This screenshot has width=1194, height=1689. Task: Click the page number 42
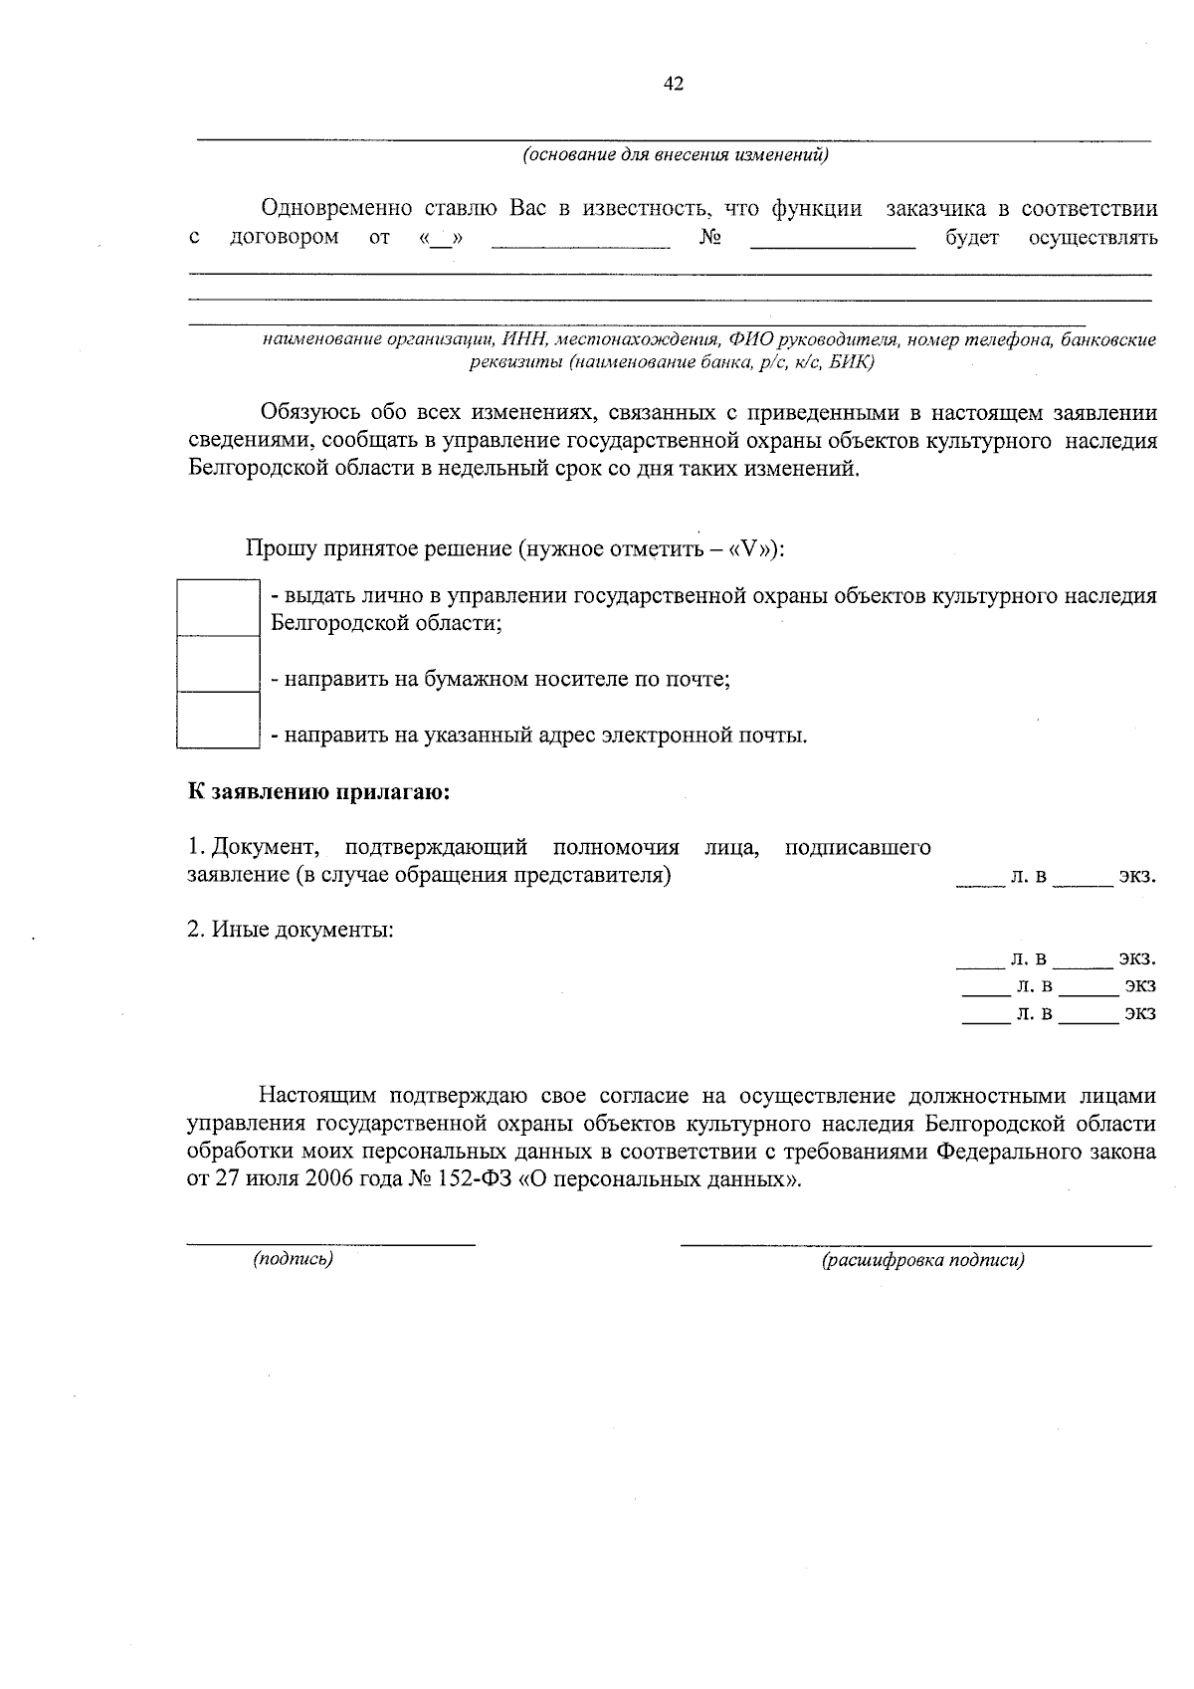coord(673,85)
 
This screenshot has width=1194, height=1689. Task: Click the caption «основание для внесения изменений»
coord(676,155)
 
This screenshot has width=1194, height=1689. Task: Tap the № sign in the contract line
coord(709,238)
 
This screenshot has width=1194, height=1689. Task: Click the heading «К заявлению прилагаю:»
coord(318,793)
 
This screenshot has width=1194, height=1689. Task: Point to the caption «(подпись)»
coord(293,1259)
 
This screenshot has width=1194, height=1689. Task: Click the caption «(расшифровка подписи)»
coord(922,1261)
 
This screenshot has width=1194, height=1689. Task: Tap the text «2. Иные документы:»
coord(291,931)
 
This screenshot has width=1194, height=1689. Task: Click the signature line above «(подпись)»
coord(331,1241)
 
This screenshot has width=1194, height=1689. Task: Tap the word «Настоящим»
coord(317,1097)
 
